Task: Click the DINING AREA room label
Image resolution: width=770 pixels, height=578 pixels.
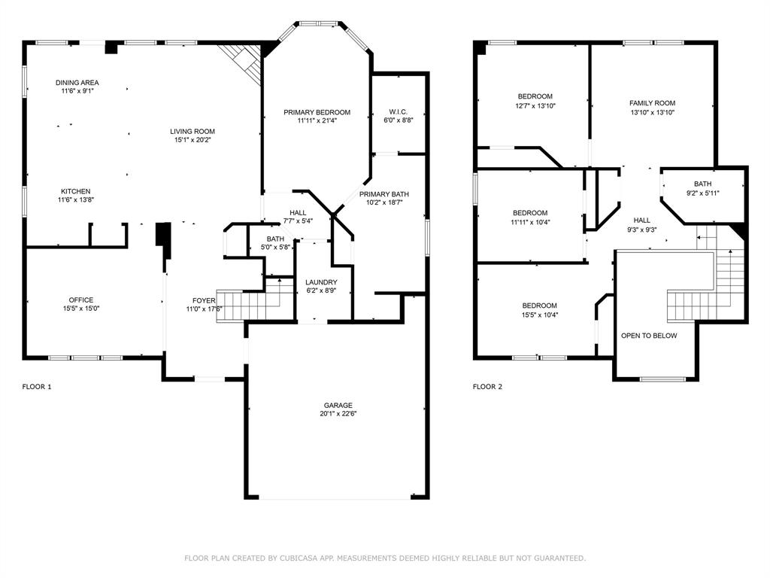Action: point(77,83)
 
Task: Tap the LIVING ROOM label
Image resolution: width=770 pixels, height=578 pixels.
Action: point(192,131)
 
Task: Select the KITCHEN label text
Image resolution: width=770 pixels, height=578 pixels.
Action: point(76,191)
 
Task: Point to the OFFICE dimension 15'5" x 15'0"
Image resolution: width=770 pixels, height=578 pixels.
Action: point(81,309)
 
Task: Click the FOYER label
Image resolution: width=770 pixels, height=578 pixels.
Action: point(204,300)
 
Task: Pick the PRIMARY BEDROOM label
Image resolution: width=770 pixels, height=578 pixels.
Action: point(317,112)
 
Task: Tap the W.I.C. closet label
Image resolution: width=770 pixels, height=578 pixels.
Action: point(399,111)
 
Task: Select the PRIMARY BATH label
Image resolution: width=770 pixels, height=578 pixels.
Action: point(384,194)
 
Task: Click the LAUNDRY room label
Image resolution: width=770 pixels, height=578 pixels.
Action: point(321,282)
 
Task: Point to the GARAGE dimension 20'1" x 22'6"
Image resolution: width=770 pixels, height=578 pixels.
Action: point(338,414)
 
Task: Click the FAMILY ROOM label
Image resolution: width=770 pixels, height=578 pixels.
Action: point(652,103)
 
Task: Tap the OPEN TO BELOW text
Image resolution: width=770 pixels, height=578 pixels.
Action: point(649,336)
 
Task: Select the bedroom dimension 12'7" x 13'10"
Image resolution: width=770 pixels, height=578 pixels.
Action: point(535,105)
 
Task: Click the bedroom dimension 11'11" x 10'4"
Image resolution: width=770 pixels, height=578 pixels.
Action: point(530,222)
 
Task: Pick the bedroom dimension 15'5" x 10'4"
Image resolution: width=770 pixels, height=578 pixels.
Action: point(540,315)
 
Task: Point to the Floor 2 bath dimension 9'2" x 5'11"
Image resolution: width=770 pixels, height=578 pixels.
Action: point(703,193)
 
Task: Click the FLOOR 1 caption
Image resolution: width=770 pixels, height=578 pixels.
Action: point(37,387)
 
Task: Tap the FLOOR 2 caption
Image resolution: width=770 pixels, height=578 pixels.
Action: point(487,387)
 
